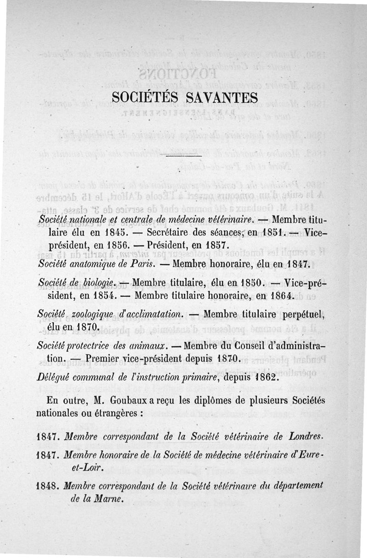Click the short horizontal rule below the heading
183,158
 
